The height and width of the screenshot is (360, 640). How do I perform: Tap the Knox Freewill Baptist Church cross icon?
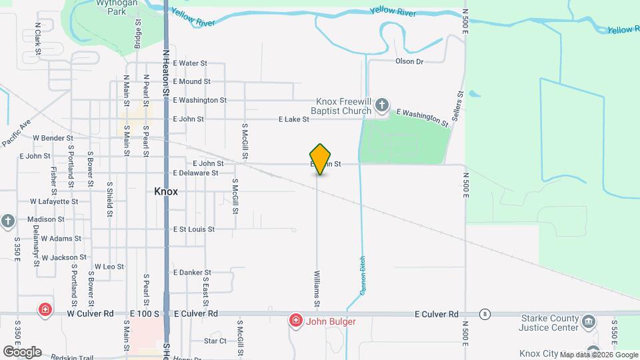[381, 105]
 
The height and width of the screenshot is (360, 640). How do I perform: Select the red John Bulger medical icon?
[295, 321]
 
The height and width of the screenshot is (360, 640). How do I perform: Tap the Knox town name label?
[166, 191]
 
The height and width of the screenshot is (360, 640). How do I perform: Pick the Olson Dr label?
[409, 61]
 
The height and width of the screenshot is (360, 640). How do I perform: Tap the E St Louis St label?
[193, 229]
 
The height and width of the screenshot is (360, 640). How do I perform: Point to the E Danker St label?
[192, 273]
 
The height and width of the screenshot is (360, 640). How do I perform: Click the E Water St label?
[190, 63]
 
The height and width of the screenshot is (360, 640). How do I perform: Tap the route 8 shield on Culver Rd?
[485, 313]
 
